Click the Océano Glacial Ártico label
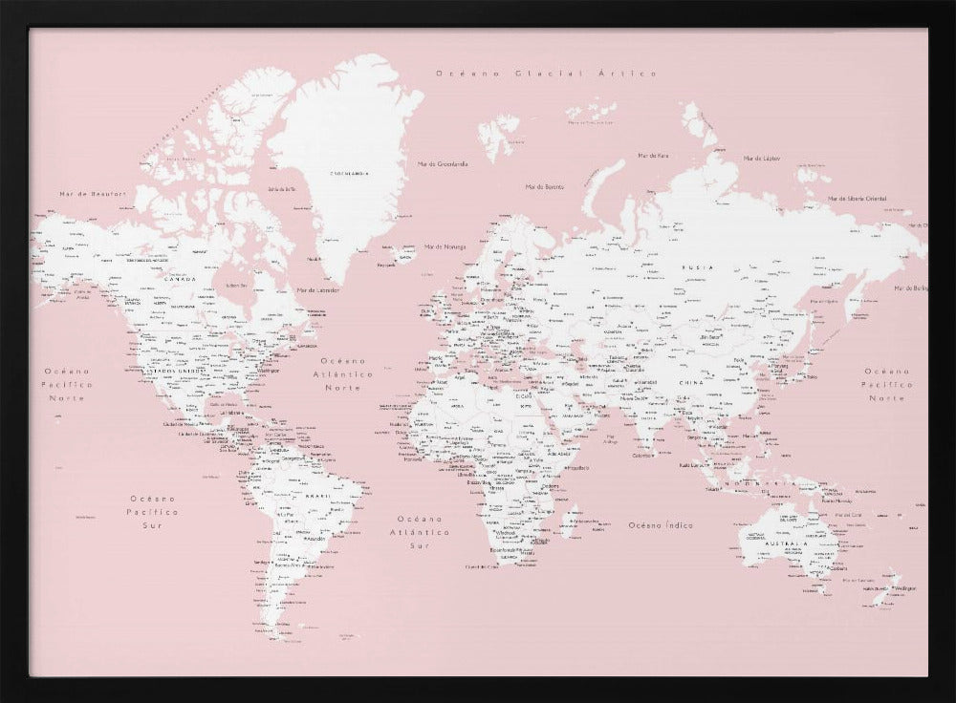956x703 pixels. click(x=545, y=74)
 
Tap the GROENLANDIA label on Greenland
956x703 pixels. click(x=350, y=173)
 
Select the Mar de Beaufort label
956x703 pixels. click(x=93, y=194)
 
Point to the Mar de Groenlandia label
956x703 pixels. click(x=443, y=163)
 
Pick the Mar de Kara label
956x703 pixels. click(x=653, y=155)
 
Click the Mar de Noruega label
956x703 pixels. click(x=445, y=246)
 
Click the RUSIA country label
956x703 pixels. click(x=697, y=268)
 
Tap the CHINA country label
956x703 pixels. click(x=690, y=382)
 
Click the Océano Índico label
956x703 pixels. click(x=661, y=525)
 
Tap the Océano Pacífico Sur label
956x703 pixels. click(x=155, y=512)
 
